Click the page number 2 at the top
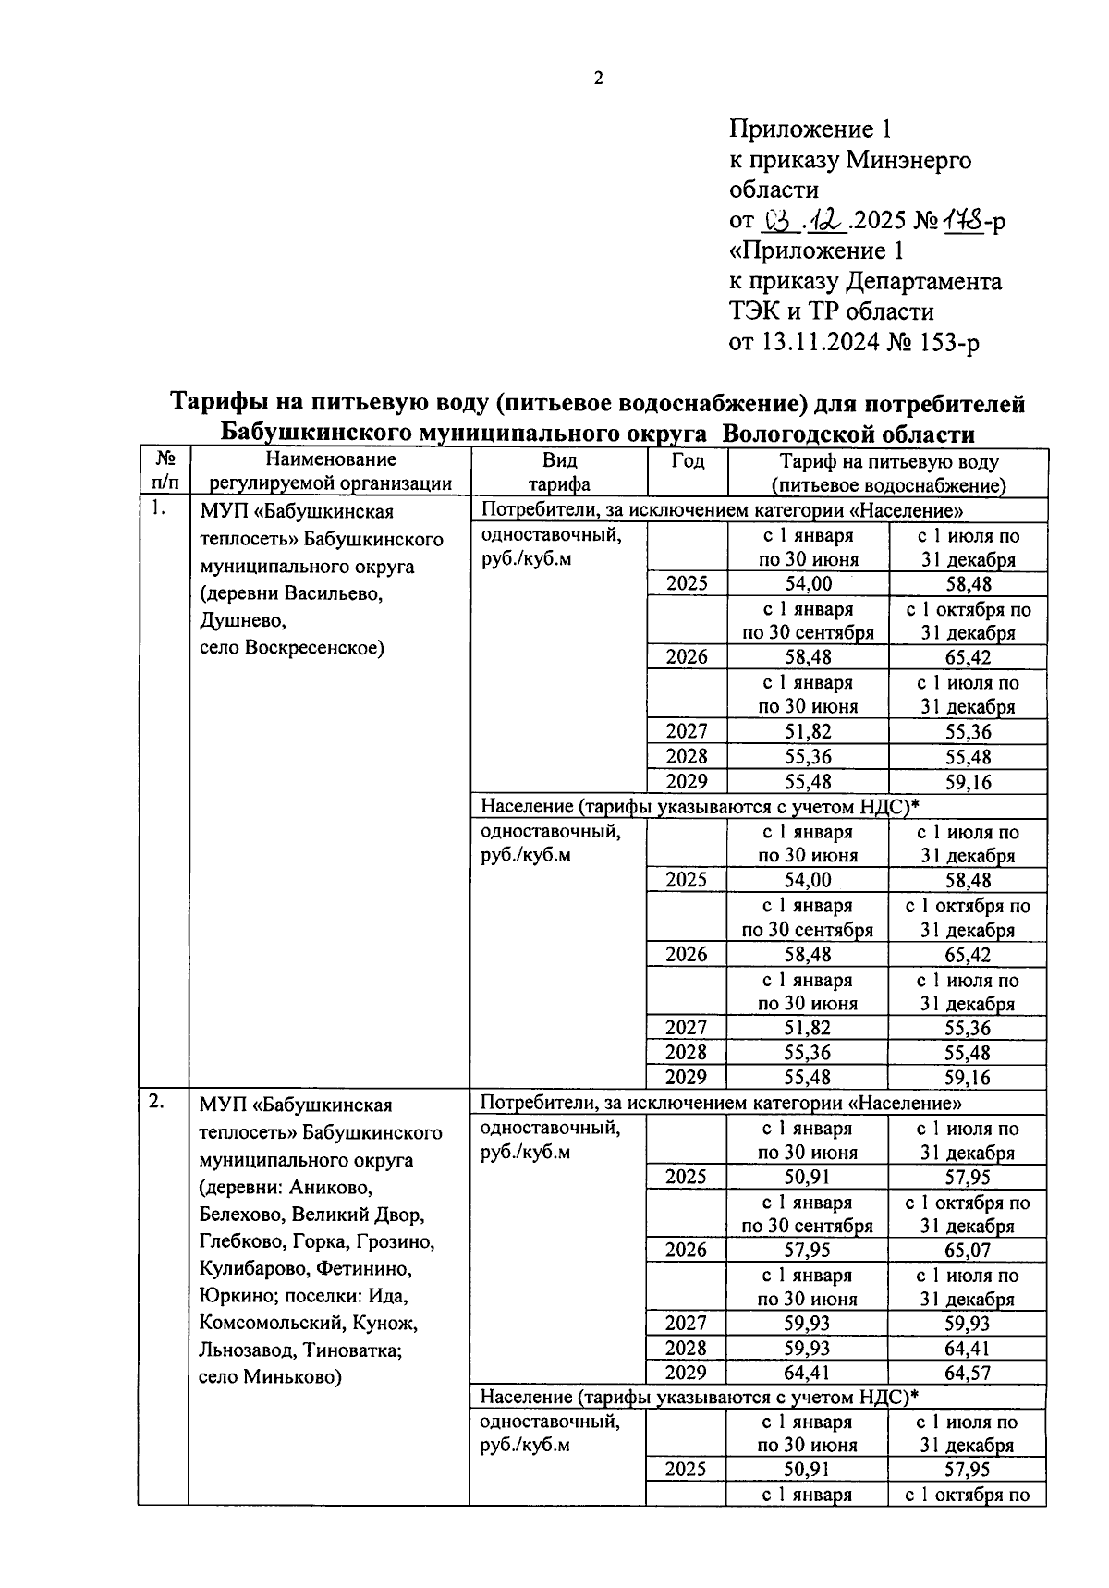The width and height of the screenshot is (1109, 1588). pos(598,79)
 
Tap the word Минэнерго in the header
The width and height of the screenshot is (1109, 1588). pos(908,161)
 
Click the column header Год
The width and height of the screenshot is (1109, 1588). pos(687,460)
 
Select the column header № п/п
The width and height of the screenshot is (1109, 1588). pos(165,470)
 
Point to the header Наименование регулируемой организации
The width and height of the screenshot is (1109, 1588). pos(330,470)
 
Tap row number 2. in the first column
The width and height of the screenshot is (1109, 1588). pos(158,1100)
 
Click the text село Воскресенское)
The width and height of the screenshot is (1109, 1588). pos(291,647)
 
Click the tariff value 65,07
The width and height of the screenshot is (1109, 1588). pos(967,1250)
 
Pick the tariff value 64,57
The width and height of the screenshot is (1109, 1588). pos(967,1373)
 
